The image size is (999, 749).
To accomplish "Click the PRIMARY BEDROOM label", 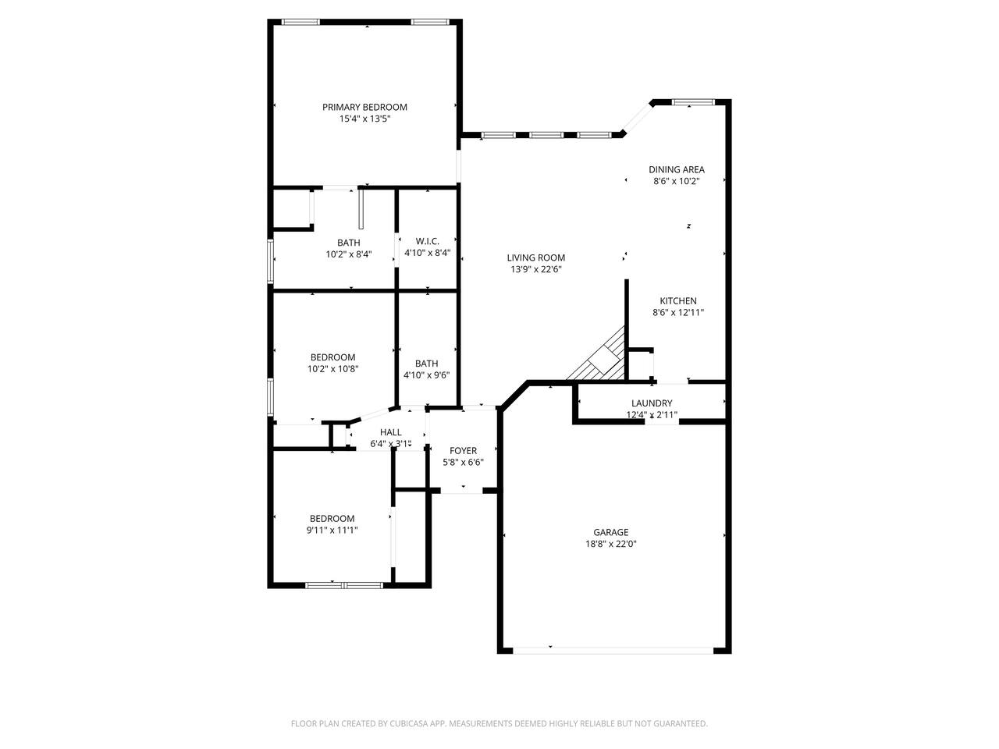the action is [x=364, y=108].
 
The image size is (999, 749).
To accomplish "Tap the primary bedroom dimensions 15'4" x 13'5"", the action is [x=364, y=119].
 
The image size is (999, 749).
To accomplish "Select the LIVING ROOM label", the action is [x=535, y=257].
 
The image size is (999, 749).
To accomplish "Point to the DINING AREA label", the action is [x=677, y=169].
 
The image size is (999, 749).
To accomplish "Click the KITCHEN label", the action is [x=677, y=301].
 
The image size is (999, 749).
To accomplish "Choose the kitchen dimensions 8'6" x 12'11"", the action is [x=677, y=313].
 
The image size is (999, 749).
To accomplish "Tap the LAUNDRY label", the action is [x=651, y=403].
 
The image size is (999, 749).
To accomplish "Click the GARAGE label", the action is [x=610, y=533].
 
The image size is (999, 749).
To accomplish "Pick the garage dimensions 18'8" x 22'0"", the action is [x=610, y=545].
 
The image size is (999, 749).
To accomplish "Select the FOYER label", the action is [x=463, y=451].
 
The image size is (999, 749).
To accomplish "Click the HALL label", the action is [x=390, y=432].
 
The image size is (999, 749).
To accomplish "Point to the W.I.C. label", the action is [x=427, y=242].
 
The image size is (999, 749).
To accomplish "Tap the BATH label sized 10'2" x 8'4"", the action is [x=349, y=243].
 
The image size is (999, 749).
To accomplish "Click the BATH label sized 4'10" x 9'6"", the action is [x=426, y=364].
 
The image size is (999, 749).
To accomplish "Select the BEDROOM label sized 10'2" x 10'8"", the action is [x=332, y=357].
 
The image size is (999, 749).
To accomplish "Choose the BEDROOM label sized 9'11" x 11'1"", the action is [x=332, y=519].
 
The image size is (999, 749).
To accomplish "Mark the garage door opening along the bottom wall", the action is [x=613, y=651].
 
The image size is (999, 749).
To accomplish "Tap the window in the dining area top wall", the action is [x=694, y=102].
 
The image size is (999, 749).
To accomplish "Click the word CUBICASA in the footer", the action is [x=409, y=723].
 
